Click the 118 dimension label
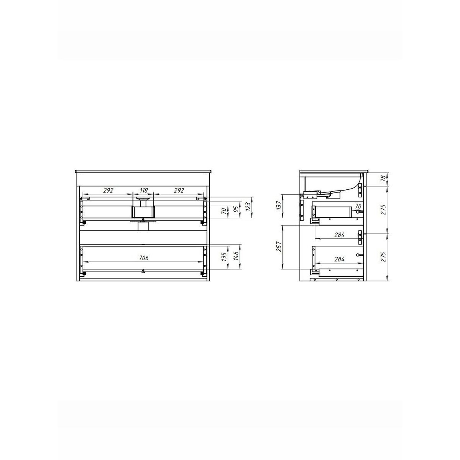tap(144, 190)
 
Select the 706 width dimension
tap(144, 258)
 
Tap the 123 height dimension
tap(248, 207)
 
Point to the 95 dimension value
tap(236, 209)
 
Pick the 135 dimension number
tap(224, 257)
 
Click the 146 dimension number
tap(236, 256)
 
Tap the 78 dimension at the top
tap(383, 178)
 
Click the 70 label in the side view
tap(358, 206)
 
